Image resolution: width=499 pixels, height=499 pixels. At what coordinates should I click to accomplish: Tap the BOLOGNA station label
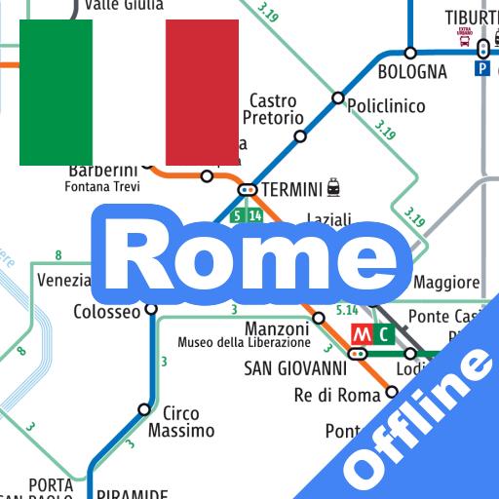412,72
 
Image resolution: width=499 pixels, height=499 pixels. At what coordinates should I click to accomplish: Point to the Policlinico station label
387,106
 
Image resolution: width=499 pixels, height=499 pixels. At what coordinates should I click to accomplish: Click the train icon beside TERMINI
334,185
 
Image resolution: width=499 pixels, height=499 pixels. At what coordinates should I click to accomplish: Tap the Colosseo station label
107,313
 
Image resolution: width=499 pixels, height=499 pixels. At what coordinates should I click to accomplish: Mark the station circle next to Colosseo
151,309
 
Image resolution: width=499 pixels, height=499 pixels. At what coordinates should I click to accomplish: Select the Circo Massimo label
181,421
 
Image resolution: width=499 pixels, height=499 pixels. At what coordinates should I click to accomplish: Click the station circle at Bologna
410,53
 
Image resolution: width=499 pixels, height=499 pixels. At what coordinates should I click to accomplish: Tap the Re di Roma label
337,395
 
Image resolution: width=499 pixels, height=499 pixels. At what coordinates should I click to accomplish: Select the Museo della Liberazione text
244,343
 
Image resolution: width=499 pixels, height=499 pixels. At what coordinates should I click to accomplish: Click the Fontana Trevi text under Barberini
102,187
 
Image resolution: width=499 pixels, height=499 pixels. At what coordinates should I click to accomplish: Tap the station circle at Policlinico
338,97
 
